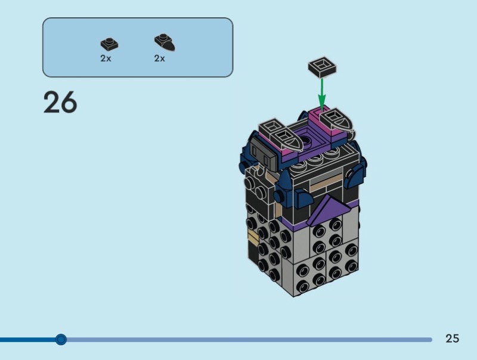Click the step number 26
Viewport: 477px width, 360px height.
click(60, 102)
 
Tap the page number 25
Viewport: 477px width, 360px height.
click(452, 339)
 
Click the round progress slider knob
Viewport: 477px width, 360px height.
click(61, 339)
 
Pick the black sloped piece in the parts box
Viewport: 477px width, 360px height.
click(165, 42)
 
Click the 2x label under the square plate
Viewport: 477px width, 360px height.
click(106, 58)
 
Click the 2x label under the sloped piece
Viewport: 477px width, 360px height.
click(159, 58)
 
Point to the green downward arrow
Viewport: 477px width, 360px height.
click(322, 94)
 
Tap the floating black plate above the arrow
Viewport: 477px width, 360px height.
click(322, 67)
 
